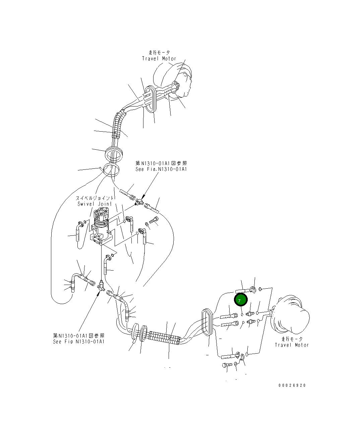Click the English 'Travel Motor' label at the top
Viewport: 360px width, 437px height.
pos(159,59)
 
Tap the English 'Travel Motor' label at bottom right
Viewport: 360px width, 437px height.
pos(292,345)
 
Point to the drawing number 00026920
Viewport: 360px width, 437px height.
pos(292,385)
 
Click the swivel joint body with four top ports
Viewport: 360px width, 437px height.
pos(101,224)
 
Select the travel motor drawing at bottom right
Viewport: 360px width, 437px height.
pos(292,315)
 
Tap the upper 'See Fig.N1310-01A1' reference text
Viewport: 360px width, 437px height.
pos(161,169)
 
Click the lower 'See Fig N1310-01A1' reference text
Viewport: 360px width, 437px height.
pos(78,342)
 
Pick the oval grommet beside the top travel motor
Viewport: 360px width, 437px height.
pos(151,98)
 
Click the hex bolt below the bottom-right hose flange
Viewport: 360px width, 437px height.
pos(227,365)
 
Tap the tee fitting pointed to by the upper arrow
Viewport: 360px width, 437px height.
pos(138,202)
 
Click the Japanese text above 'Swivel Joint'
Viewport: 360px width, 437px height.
pos(95,198)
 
